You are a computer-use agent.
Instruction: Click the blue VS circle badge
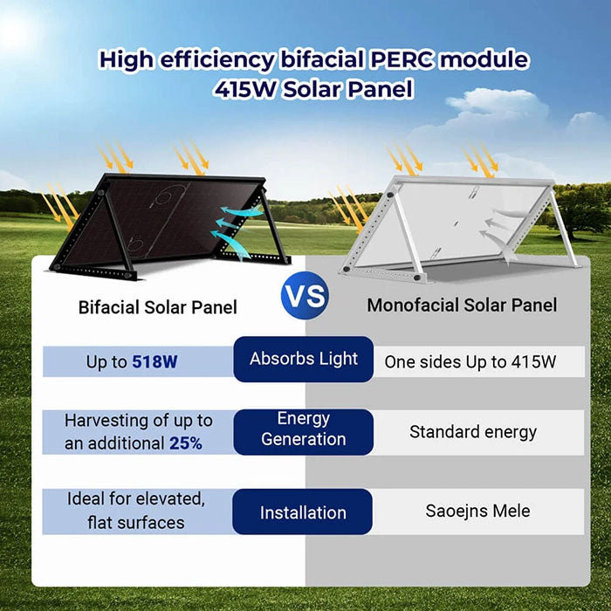point(305,296)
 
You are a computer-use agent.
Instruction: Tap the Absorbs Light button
point(303,359)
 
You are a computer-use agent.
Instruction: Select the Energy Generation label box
point(303,429)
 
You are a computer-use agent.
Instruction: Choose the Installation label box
point(303,512)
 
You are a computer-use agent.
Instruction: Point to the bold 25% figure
point(185,443)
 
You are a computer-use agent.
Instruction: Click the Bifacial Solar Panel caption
point(157,307)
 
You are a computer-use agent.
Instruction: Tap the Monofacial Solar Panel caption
point(462,305)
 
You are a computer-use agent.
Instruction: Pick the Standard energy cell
point(473,432)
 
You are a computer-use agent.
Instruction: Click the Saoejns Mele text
point(477,511)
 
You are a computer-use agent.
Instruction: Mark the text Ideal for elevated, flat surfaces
point(136,511)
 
